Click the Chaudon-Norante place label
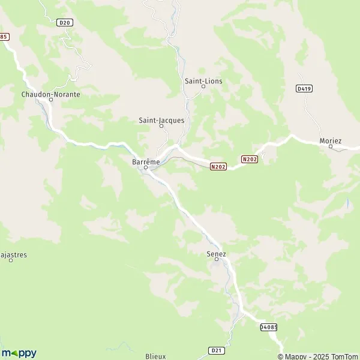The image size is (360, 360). (x=50, y=94)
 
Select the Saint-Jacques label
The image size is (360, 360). (x=161, y=120)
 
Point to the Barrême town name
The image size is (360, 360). (x=145, y=161)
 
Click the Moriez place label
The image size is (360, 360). (x=331, y=140)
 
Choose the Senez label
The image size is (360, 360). (x=216, y=254)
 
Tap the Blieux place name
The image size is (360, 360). (x=155, y=356)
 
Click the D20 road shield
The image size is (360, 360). (x=65, y=23)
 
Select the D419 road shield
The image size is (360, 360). (x=304, y=88)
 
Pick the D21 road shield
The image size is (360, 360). (x=216, y=350)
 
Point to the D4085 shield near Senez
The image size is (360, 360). (x=269, y=327)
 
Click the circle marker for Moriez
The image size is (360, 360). (x=331, y=146)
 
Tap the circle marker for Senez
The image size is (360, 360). (x=217, y=260)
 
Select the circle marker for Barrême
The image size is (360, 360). (x=145, y=167)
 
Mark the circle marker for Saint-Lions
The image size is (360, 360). (x=203, y=86)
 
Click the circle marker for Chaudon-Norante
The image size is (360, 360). (x=51, y=100)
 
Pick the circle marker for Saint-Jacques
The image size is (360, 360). (x=161, y=126)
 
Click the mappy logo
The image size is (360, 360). (x=19, y=353)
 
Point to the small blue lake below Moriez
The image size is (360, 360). (x=347, y=203)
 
